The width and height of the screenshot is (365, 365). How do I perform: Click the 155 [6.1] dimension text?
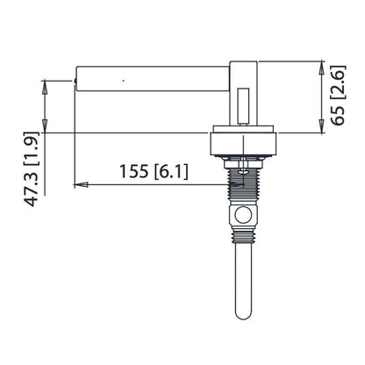[152, 172]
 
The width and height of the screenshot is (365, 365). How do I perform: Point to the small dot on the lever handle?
[124, 81]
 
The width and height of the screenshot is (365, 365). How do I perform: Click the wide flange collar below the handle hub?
[246, 142]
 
